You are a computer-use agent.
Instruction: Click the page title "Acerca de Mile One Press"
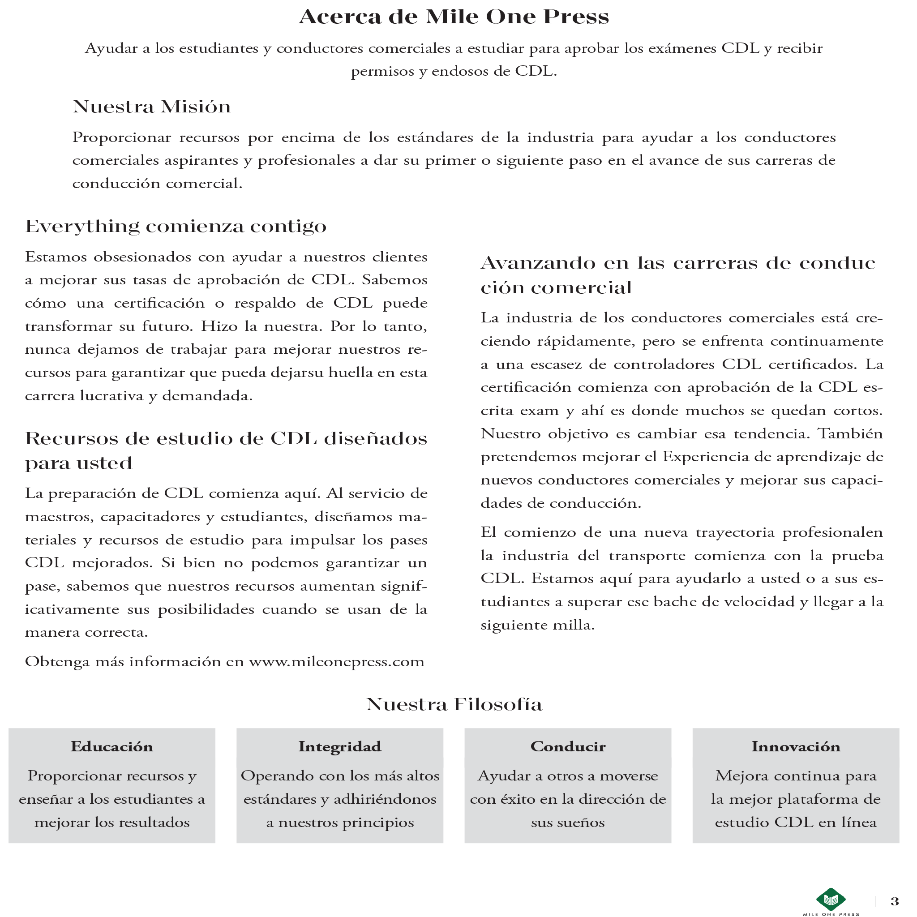point(453,17)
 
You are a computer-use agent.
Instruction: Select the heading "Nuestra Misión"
point(152,107)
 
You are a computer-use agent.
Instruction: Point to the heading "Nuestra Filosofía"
point(454,704)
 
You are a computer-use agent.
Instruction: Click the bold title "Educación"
point(112,746)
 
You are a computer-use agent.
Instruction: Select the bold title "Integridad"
point(340,746)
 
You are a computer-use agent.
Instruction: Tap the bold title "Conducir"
point(568,746)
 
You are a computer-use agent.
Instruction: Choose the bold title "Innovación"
point(796,746)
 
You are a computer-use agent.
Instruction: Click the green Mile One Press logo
point(831,899)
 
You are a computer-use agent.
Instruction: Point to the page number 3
point(895,901)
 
